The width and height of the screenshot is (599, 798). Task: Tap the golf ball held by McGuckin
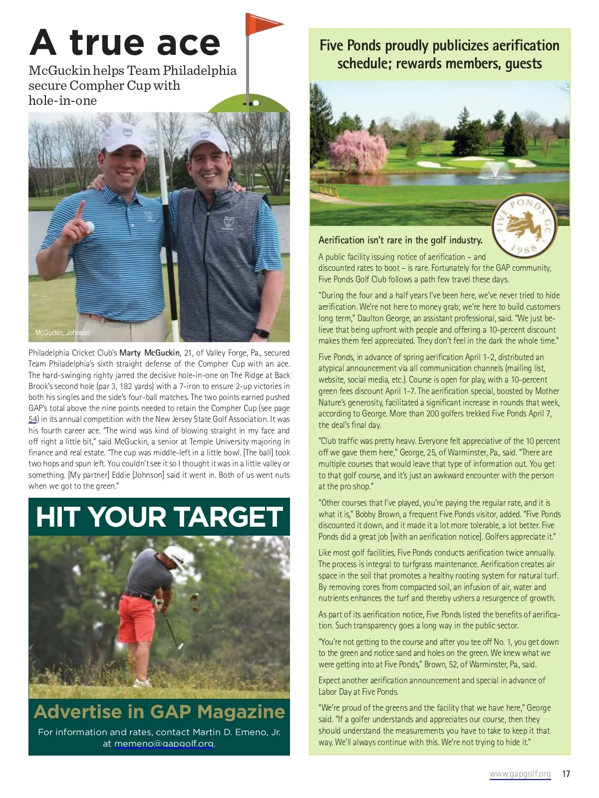pos(90,227)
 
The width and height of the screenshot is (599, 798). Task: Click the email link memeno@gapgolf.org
pos(164,744)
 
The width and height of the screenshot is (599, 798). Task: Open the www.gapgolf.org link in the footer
pos(520,774)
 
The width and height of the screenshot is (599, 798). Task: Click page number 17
pos(566,774)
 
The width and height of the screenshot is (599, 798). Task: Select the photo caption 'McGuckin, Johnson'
pos(62,333)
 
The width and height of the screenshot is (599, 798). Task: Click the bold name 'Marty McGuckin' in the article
pos(149,353)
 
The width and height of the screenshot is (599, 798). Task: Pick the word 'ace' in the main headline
pos(188,43)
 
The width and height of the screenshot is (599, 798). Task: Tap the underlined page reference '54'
pos(33,419)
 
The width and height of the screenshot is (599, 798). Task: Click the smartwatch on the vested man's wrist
pos(261,333)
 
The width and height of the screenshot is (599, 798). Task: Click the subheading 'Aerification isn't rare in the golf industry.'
pos(400,240)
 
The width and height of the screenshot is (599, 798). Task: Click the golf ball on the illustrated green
pos(256,103)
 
